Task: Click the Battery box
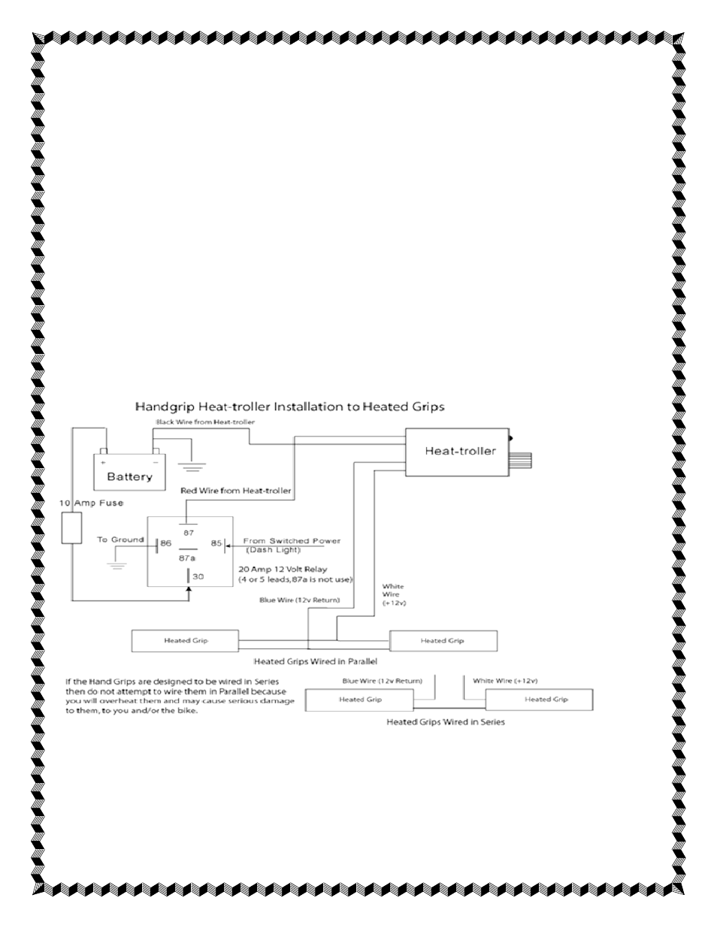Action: pos(129,472)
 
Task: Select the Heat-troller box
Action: pos(457,452)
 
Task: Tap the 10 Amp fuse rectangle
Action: pos(71,528)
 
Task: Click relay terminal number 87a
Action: pos(187,558)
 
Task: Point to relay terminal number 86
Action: pos(165,543)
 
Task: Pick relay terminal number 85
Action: pos(216,543)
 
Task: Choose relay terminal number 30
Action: pos(198,576)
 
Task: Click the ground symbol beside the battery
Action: pos(193,467)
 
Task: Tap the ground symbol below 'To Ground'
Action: pos(116,567)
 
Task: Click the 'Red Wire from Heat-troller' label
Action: pos(236,491)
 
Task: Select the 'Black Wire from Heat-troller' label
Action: pos(205,422)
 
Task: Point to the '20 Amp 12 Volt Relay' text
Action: pos(283,570)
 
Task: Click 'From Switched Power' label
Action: pos(292,541)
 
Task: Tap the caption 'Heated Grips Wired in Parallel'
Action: pos(316,661)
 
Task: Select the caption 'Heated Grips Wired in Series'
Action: pos(446,721)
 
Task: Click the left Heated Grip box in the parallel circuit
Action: pos(185,641)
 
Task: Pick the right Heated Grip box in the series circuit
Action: pos(540,700)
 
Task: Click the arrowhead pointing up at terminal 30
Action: pos(189,590)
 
